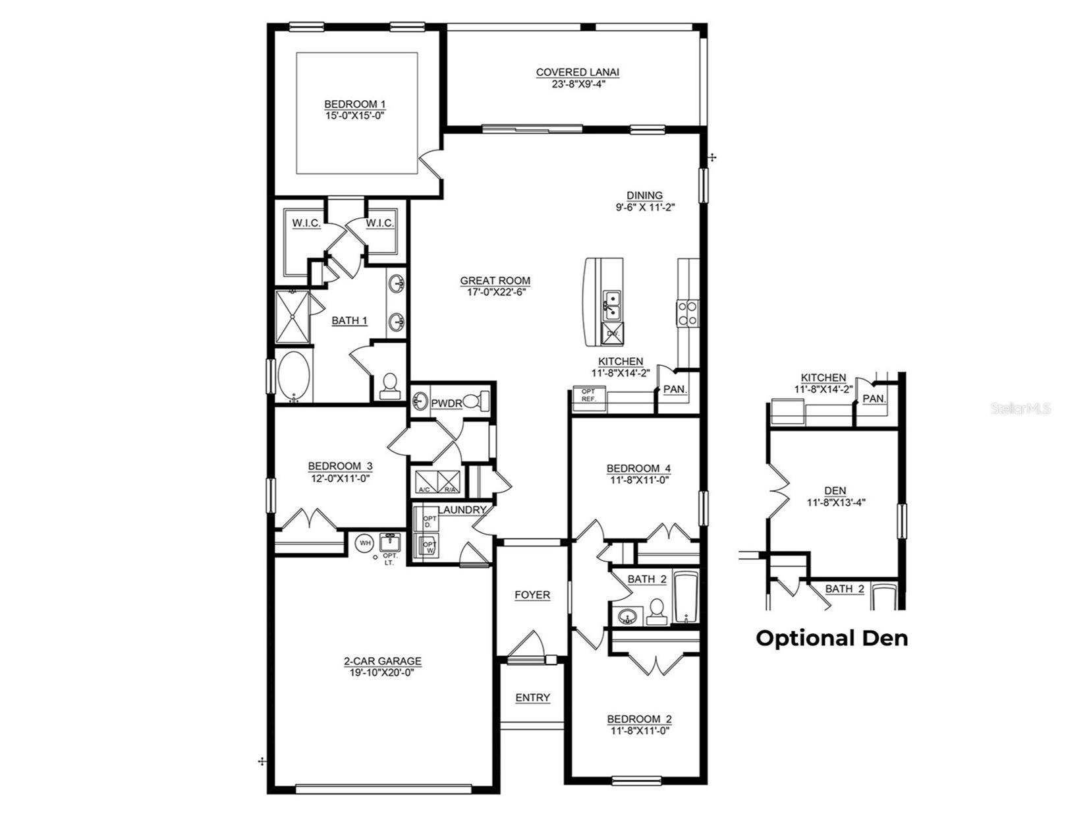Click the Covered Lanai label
(x=577, y=73)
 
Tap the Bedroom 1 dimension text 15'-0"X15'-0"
(x=354, y=115)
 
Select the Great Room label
(x=495, y=281)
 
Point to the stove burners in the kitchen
(x=687, y=312)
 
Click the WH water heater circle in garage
(x=364, y=542)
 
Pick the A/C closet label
(x=424, y=490)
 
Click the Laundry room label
(x=462, y=510)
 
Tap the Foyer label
(x=532, y=595)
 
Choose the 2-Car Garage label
(x=382, y=661)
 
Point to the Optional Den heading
(x=831, y=638)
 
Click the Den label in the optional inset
(x=835, y=490)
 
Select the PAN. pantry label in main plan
(x=675, y=390)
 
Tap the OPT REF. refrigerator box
(x=588, y=395)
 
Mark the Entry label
(x=532, y=697)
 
